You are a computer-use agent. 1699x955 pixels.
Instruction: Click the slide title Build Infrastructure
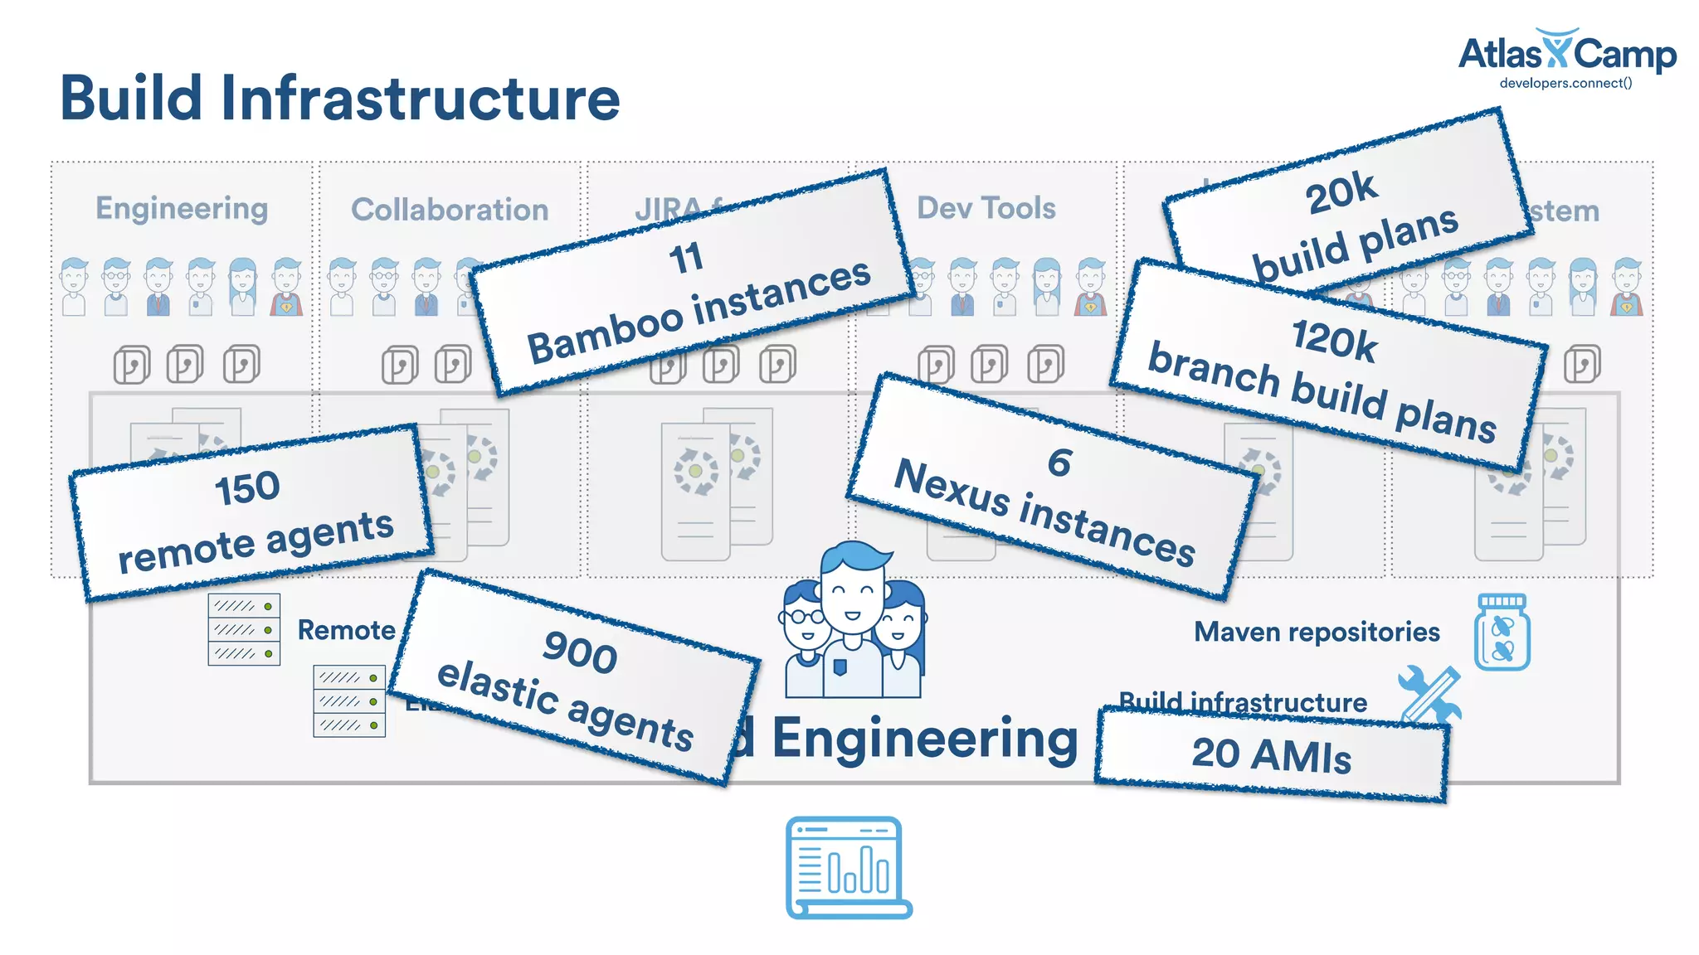point(340,99)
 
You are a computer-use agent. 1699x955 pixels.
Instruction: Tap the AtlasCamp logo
point(1566,53)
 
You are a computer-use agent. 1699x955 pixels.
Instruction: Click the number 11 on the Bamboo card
point(686,258)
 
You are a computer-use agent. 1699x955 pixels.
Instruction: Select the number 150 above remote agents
point(247,487)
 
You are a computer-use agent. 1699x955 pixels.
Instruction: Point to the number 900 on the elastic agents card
point(580,652)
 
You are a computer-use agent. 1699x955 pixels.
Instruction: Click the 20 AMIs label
point(1271,755)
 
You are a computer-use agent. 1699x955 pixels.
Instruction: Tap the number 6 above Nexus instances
point(1059,463)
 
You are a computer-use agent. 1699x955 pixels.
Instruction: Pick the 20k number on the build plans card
point(1341,192)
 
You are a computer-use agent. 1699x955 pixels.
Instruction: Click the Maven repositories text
point(1317,633)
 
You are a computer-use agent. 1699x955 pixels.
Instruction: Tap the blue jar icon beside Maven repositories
point(1502,633)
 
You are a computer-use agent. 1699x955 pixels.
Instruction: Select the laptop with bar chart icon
point(848,867)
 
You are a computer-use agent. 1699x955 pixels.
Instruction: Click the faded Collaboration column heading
point(450,210)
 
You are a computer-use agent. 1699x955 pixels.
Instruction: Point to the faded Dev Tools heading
point(986,208)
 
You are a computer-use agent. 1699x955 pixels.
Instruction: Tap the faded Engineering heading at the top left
point(182,208)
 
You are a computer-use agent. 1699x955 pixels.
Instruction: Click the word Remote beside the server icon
point(346,631)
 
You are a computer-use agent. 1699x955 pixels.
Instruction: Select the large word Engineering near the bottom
point(924,739)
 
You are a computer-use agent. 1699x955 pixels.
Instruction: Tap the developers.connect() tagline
point(1565,83)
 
